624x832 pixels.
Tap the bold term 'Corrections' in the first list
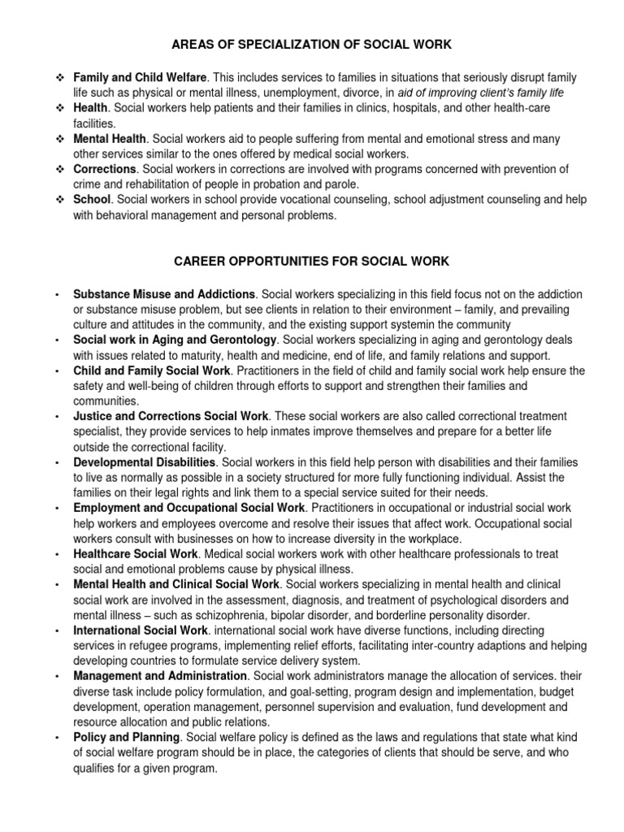104,169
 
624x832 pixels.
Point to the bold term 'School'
91,200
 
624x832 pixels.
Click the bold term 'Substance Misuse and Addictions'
164,293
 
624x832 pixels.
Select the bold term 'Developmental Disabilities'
143,462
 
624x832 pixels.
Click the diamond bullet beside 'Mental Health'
59,139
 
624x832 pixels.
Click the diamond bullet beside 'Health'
59,108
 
